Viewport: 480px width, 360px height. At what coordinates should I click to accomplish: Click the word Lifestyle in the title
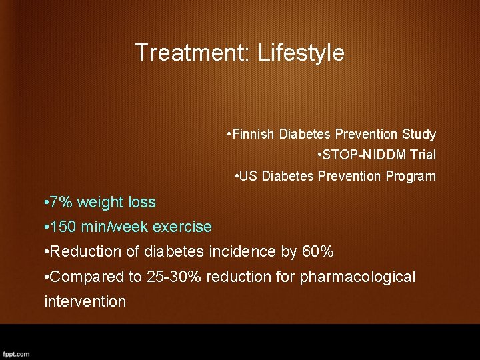(301, 53)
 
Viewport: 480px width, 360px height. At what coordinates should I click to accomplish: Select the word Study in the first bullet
(420, 134)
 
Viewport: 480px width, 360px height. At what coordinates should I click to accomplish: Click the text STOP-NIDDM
(359, 155)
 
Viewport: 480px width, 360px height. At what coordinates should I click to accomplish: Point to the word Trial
(423, 155)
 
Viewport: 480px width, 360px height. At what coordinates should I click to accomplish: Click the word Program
(411, 177)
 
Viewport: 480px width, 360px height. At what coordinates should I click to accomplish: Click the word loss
(142, 202)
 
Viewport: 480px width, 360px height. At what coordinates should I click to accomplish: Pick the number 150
(63, 227)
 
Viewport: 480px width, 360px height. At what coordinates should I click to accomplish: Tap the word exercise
(182, 227)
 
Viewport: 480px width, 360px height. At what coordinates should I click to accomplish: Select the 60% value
(318, 251)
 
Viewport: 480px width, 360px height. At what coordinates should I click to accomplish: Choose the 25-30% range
(173, 276)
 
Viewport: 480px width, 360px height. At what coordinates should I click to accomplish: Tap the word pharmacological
(357, 276)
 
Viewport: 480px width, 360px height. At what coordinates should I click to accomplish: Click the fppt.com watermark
(15, 354)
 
